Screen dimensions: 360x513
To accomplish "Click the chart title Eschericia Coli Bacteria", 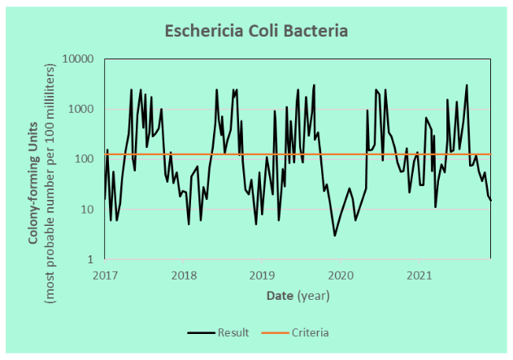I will pyautogui.click(x=256, y=32).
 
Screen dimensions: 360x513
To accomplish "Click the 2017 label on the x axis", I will pyautogui.click(x=106, y=275).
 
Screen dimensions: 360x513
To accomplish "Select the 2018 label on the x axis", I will pyautogui.click(x=184, y=275).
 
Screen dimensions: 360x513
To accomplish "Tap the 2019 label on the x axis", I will pyautogui.click(x=261, y=275).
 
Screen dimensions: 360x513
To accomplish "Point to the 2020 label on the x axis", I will pyautogui.click(x=339, y=275).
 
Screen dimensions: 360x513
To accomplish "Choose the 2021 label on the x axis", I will pyautogui.click(x=417, y=275).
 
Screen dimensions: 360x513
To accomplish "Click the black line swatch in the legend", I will pyautogui.click(x=200, y=332).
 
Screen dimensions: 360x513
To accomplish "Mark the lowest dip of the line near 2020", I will pyautogui.click(x=335, y=236).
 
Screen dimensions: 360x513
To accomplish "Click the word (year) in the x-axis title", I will pyautogui.click(x=313, y=297).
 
